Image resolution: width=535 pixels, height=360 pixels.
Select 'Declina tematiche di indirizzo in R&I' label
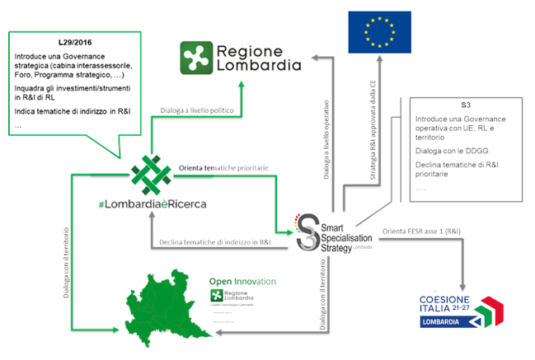coord(218,242)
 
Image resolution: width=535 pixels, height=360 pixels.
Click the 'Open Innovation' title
coord(242,281)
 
